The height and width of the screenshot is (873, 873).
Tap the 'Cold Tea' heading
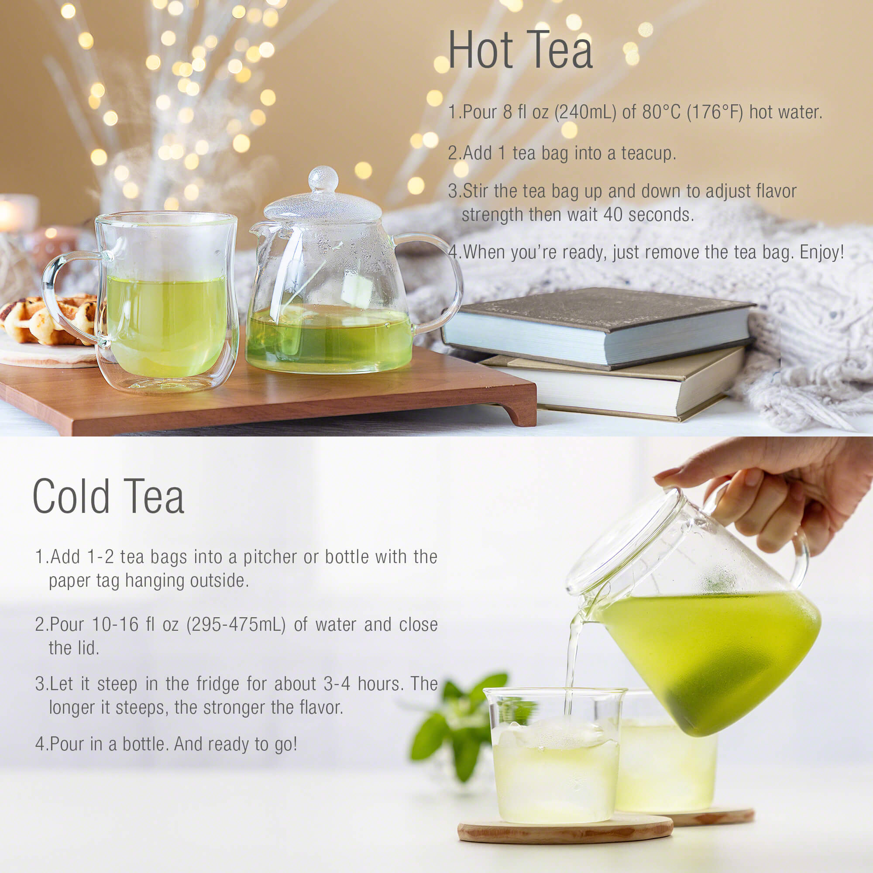coord(108,496)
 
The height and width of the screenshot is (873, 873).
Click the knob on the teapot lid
coord(323,179)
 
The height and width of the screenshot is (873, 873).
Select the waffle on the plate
coord(50,319)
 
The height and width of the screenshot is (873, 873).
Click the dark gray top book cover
coord(596,312)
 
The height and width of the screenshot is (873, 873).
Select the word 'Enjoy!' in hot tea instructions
coord(822,252)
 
